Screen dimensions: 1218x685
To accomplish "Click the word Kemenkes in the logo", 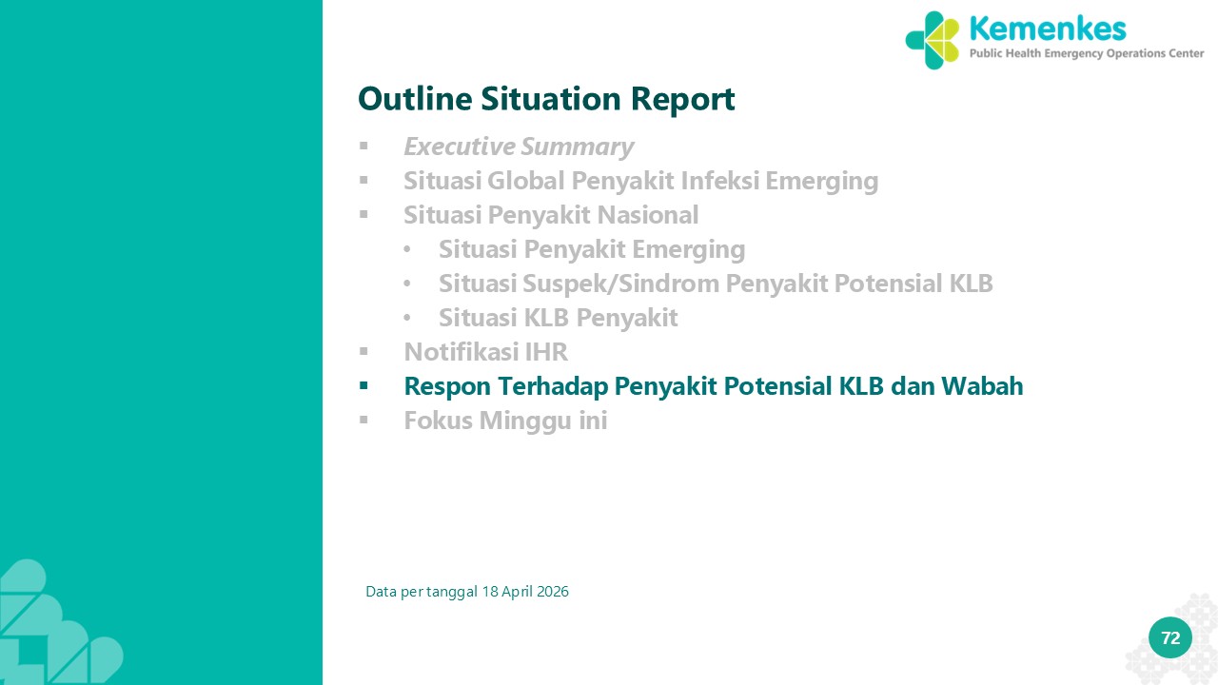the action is (x=1048, y=29).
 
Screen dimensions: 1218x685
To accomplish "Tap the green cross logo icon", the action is (x=932, y=40).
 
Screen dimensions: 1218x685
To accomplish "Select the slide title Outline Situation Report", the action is (x=546, y=98).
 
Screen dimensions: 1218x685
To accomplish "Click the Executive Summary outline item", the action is (x=519, y=147).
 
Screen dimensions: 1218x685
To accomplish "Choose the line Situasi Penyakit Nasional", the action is (x=551, y=215).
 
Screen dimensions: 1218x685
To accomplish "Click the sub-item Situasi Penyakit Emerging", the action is (x=592, y=249).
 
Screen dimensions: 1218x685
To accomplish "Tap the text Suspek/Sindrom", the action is (x=621, y=284).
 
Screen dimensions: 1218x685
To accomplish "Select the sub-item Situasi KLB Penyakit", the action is (x=559, y=318).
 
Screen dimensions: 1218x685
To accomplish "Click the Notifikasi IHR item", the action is (x=485, y=352).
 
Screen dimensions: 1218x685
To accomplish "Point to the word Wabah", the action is (x=982, y=386).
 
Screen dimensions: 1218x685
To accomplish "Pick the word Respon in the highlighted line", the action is (x=447, y=386).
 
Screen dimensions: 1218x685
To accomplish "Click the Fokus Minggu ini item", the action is (x=505, y=421).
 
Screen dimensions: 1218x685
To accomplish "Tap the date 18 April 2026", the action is (x=525, y=592).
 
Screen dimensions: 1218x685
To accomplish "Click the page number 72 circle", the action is (x=1170, y=637).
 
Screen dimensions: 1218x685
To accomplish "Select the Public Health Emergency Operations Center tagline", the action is (x=1087, y=54).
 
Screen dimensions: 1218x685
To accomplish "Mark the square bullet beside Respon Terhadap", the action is (x=363, y=386).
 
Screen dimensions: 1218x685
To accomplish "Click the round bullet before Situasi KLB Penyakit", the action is (x=407, y=318).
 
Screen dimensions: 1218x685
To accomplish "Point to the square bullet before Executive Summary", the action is (x=363, y=147).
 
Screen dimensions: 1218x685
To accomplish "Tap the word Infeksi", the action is (x=720, y=181).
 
